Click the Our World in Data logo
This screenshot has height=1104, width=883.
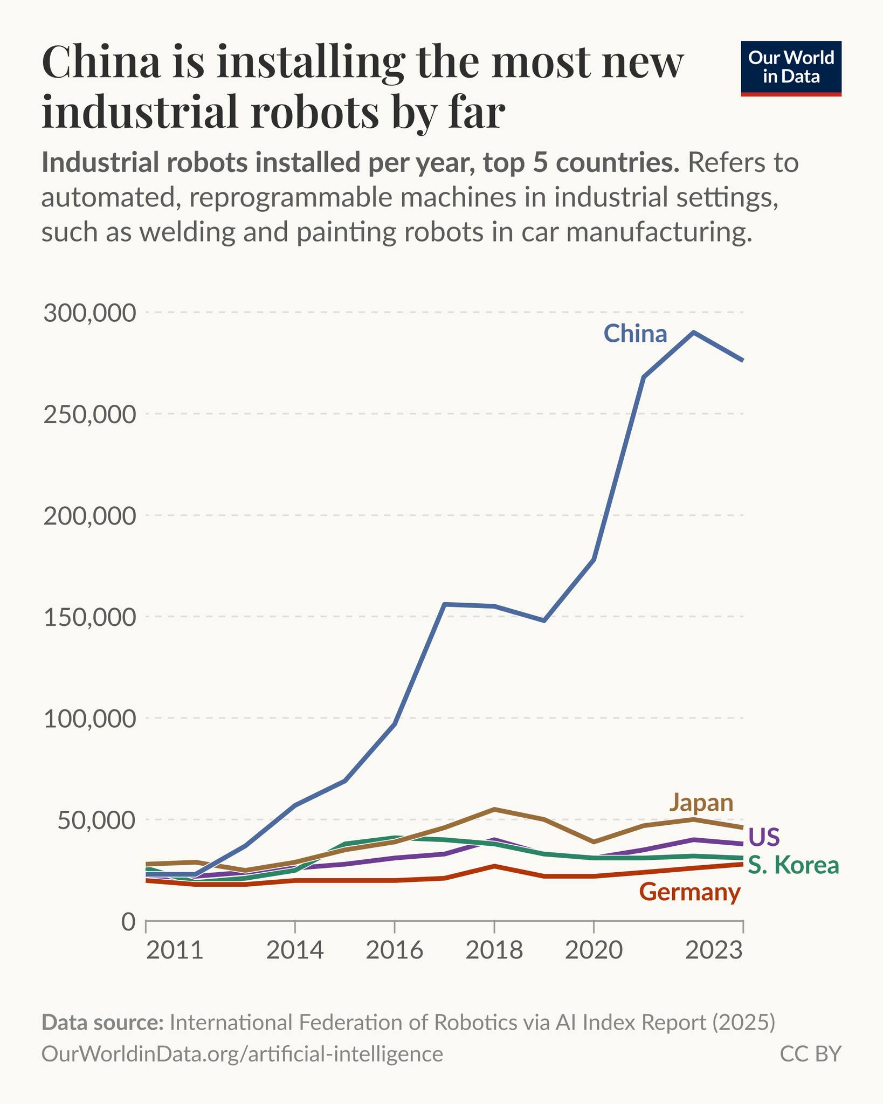pyautogui.click(x=791, y=68)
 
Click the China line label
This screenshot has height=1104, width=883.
pyautogui.click(x=635, y=334)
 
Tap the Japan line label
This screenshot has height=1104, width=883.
pyautogui.click(x=701, y=803)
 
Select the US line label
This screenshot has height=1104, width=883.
pyautogui.click(x=764, y=837)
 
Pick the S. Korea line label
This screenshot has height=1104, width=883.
pyautogui.click(x=794, y=866)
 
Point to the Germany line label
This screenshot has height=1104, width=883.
pyautogui.click(x=690, y=893)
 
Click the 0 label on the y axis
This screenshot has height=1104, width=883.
pyautogui.click(x=128, y=921)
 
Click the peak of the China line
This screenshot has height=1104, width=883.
pyautogui.click(x=694, y=333)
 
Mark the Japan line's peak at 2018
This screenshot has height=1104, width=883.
pyautogui.click(x=494, y=810)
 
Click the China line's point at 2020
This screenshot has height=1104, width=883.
pyautogui.click(x=594, y=560)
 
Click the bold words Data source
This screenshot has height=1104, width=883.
pyautogui.click(x=102, y=1023)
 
